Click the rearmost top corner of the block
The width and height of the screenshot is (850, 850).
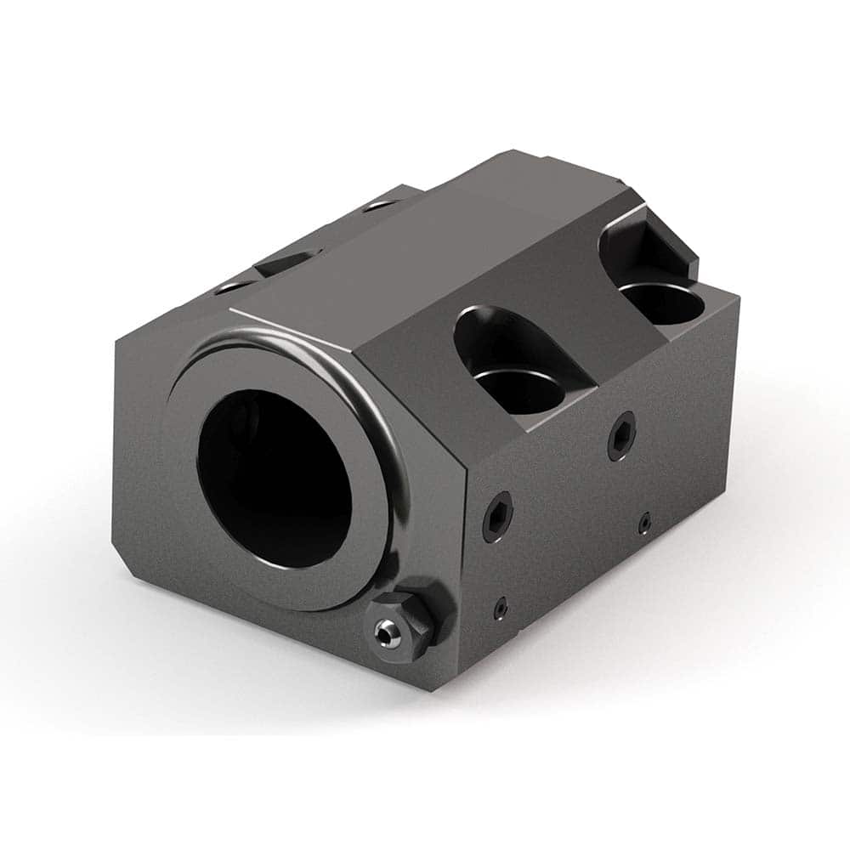coord(510,152)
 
